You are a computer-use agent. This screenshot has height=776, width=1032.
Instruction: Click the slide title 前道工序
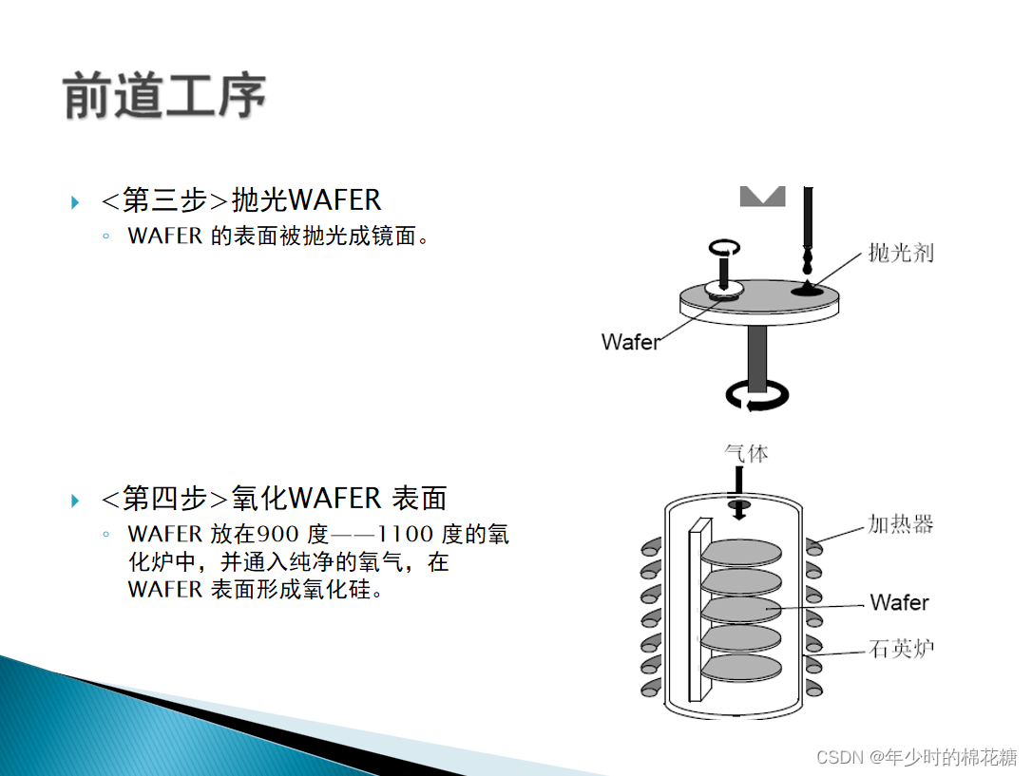pyautogui.click(x=164, y=97)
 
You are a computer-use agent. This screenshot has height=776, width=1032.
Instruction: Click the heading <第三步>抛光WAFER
pyautogui.click(x=241, y=200)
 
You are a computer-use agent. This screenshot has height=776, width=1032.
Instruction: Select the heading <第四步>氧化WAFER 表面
pyautogui.click(x=274, y=498)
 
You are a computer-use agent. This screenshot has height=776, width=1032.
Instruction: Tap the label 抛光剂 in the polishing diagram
pyautogui.click(x=901, y=253)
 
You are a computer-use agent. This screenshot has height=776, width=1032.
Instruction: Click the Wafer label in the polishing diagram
pyautogui.click(x=630, y=341)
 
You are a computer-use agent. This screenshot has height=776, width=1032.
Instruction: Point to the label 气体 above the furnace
pyautogui.click(x=746, y=453)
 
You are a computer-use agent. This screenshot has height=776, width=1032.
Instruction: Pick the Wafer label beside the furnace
pyautogui.click(x=899, y=602)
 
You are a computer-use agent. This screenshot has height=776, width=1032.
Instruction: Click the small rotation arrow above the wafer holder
pyautogui.click(x=723, y=247)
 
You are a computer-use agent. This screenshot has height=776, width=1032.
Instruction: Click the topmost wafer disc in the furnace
pyautogui.click(x=742, y=551)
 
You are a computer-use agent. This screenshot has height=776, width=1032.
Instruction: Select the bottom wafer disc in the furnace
pyautogui.click(x=742, y=667)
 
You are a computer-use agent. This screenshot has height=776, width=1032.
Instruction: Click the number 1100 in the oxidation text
pyautogui.click(x=406, y=535)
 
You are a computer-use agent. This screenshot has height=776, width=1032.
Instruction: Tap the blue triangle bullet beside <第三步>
pyautogui.click(x=75, y=201)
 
